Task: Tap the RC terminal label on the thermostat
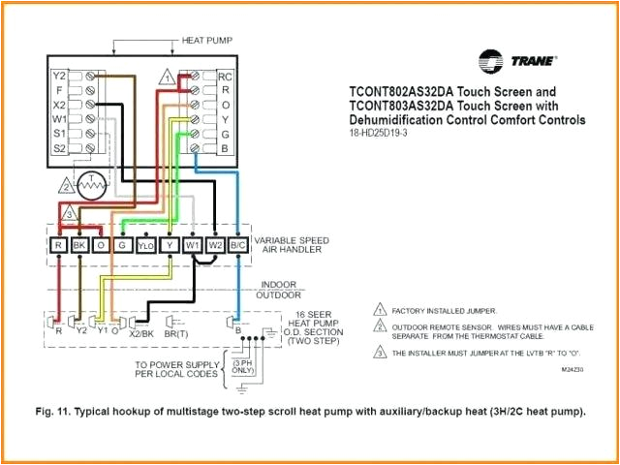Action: (225, 76)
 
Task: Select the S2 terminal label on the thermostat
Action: (59, 147)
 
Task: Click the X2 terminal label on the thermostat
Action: (59, 104)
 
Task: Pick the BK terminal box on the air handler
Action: (79, 246)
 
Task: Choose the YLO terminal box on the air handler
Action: (145, 246)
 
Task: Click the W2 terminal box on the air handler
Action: (215, 246)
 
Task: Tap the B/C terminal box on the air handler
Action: (236, 246)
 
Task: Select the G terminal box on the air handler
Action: (123, 246)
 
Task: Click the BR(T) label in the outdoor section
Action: (176, 332)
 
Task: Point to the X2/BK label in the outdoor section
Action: (140, 332)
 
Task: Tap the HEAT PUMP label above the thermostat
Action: (206, 42)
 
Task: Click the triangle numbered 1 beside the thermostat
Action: (168, 76)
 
